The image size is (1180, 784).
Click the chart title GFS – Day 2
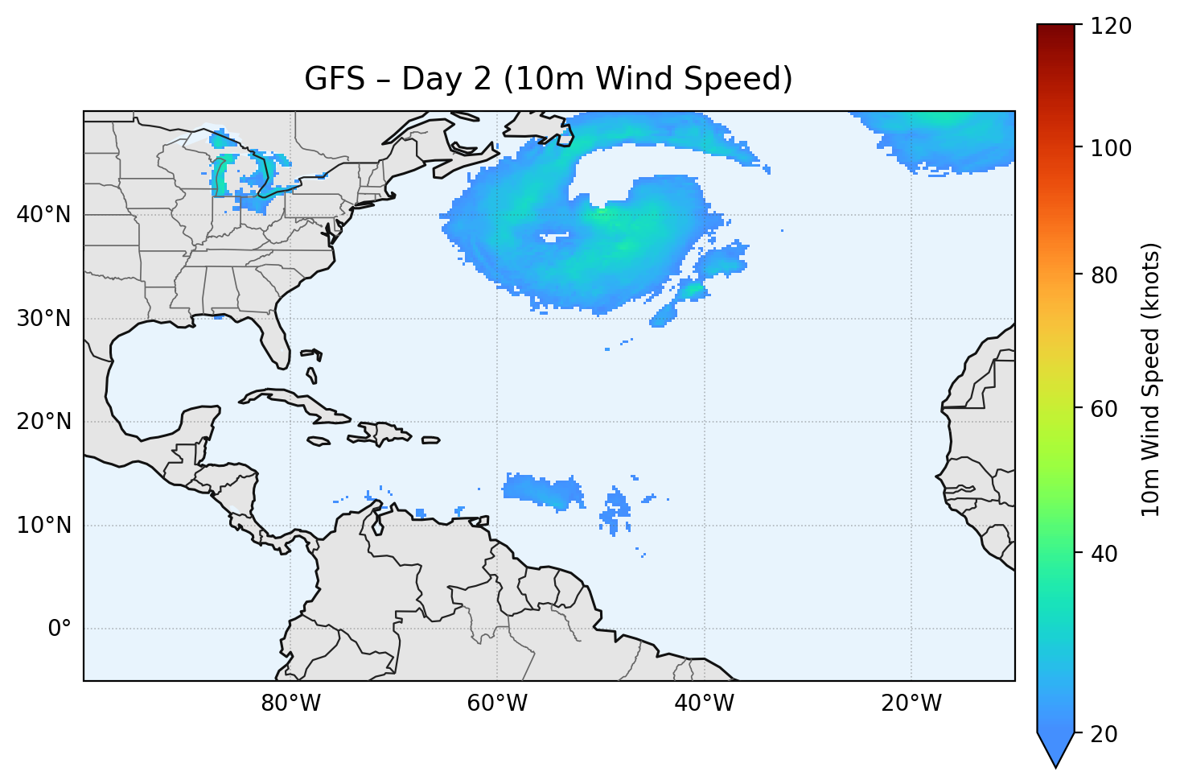tap(548, 79)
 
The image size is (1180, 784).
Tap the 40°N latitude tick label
tap(44, 215)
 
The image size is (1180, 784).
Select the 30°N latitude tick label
tap(44, 319)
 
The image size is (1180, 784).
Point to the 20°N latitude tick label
tap(44, 422)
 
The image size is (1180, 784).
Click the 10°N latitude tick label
tap(44, 526)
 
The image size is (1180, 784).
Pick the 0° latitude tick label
tap(60, 629)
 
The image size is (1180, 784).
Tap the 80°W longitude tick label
tap(290, 704)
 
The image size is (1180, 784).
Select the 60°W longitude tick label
tap(497, 704)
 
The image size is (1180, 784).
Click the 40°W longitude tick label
tap(704, 704)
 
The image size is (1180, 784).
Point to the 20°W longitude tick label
tap(911, 704)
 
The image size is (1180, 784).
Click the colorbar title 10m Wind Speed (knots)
tap(1151, 379)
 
